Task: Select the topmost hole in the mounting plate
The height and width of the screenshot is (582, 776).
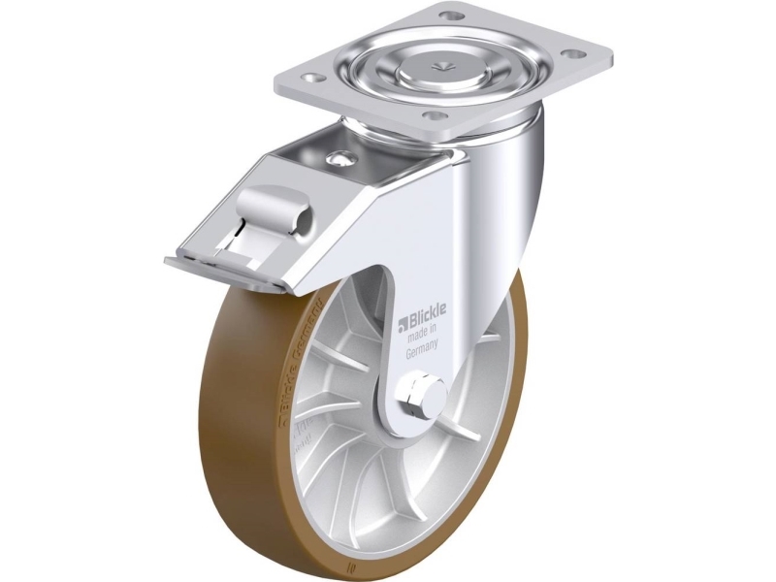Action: [447, 16]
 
